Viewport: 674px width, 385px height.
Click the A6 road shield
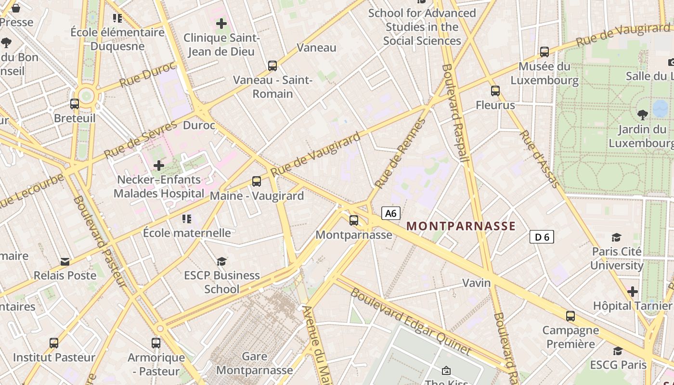pos(391,213)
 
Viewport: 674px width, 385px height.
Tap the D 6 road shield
pos(542,237)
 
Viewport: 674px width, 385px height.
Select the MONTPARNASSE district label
pos(461,226)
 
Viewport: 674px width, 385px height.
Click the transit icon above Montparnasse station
pos(354,220)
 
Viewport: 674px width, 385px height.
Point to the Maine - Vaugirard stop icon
pos(257,181)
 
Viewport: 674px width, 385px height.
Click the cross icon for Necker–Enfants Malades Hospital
pos(159,166)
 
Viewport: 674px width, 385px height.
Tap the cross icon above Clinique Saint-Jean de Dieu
pos(221,23)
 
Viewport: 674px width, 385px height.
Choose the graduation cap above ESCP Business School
pos(221,261)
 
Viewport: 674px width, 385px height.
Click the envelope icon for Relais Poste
pos(65,262)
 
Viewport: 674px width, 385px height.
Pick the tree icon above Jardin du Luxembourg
pos(642,115)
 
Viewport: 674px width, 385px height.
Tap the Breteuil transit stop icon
pos(75,103)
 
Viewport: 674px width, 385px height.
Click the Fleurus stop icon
pos(495,90)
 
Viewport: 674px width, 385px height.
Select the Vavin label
pos(477,282)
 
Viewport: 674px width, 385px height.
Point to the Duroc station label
pos(199,126)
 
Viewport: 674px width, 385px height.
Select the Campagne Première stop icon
pos(570,316)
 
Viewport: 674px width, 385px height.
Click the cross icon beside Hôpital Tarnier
pos(633,292)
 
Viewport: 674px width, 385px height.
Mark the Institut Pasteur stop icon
pos(54,343)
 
